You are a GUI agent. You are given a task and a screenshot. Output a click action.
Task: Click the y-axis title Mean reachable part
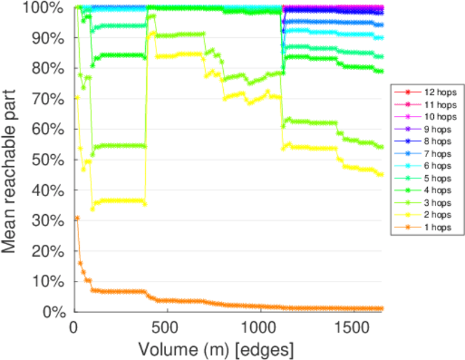pos(13,159)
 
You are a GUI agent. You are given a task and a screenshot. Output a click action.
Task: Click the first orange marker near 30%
pos(77,218)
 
